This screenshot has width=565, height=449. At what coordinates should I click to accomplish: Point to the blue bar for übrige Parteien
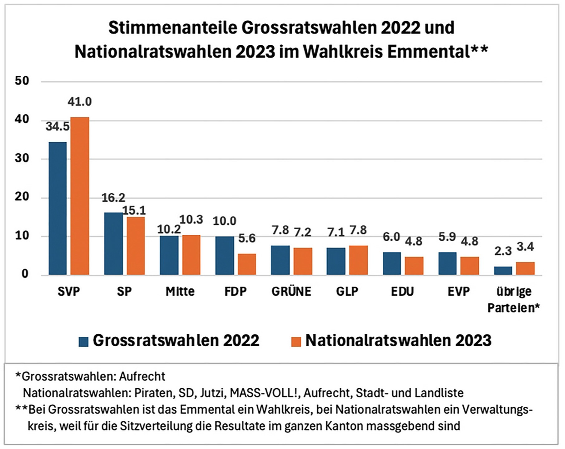pos(503,271)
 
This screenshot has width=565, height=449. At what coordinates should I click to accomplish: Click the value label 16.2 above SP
pos(113,198)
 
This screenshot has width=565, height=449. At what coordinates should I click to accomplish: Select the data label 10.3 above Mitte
pos(191,220)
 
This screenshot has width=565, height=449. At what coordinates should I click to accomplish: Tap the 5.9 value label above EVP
pos(447,237)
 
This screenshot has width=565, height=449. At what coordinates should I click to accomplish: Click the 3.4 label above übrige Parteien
pos(525,247)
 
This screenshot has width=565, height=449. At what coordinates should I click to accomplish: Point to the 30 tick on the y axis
pos(22,158)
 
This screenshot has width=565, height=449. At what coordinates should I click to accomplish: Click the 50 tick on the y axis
pos(22,81)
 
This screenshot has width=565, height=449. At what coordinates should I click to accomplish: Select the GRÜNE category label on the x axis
pos(291,292)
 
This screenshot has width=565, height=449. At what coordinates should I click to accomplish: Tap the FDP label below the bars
pos(236,292)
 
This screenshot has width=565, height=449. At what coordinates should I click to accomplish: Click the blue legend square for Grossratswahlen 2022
pos(84,342)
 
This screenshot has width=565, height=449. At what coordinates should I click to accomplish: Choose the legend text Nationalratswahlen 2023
pos(398,340)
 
